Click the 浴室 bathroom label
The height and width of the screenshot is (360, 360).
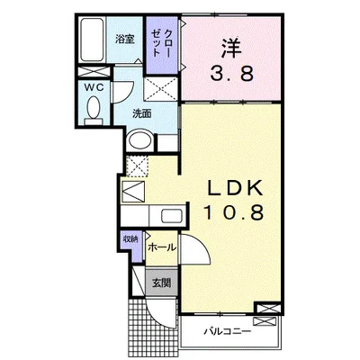click(x=125, y=40)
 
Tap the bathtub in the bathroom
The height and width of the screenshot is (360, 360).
click(x=93, y=40)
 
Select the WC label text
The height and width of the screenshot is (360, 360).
click(x=94, y=87)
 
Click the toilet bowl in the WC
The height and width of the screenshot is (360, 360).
click(x=94, y=109)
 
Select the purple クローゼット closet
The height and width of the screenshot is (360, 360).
click(x=162, y=45)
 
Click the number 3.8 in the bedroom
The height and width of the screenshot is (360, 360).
click(x=231, y=74)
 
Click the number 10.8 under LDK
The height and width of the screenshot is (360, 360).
click(x=234, y=212)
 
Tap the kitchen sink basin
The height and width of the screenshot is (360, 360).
click(x=172, y=216)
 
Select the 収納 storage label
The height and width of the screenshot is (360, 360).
click(x=131, y=239)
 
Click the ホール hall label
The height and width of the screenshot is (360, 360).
click(x=162, y=247)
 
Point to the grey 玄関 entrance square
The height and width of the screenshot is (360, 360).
click(x=161, y=283)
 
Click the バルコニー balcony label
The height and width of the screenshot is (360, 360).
click(x=227, y=331)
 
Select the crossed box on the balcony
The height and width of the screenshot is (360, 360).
click(x=263, y=321)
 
